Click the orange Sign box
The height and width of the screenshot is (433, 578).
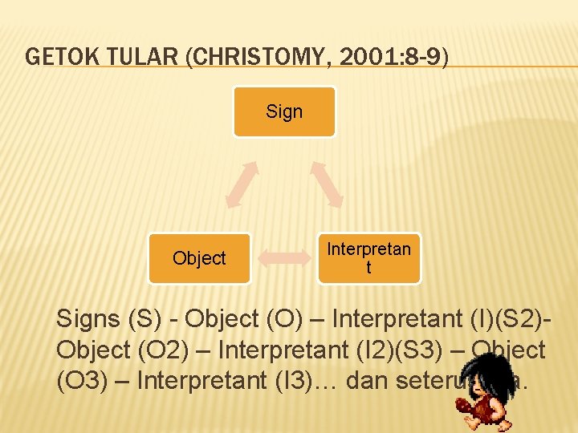284,111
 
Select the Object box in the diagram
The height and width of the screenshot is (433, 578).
199,258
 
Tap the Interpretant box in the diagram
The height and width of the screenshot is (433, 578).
368,258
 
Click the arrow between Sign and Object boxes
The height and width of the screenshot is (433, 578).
242,184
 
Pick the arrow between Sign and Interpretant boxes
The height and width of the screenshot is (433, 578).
327,184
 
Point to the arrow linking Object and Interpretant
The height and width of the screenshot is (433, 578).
284,258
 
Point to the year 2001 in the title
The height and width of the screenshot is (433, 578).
349,57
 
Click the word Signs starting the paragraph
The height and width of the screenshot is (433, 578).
88,319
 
